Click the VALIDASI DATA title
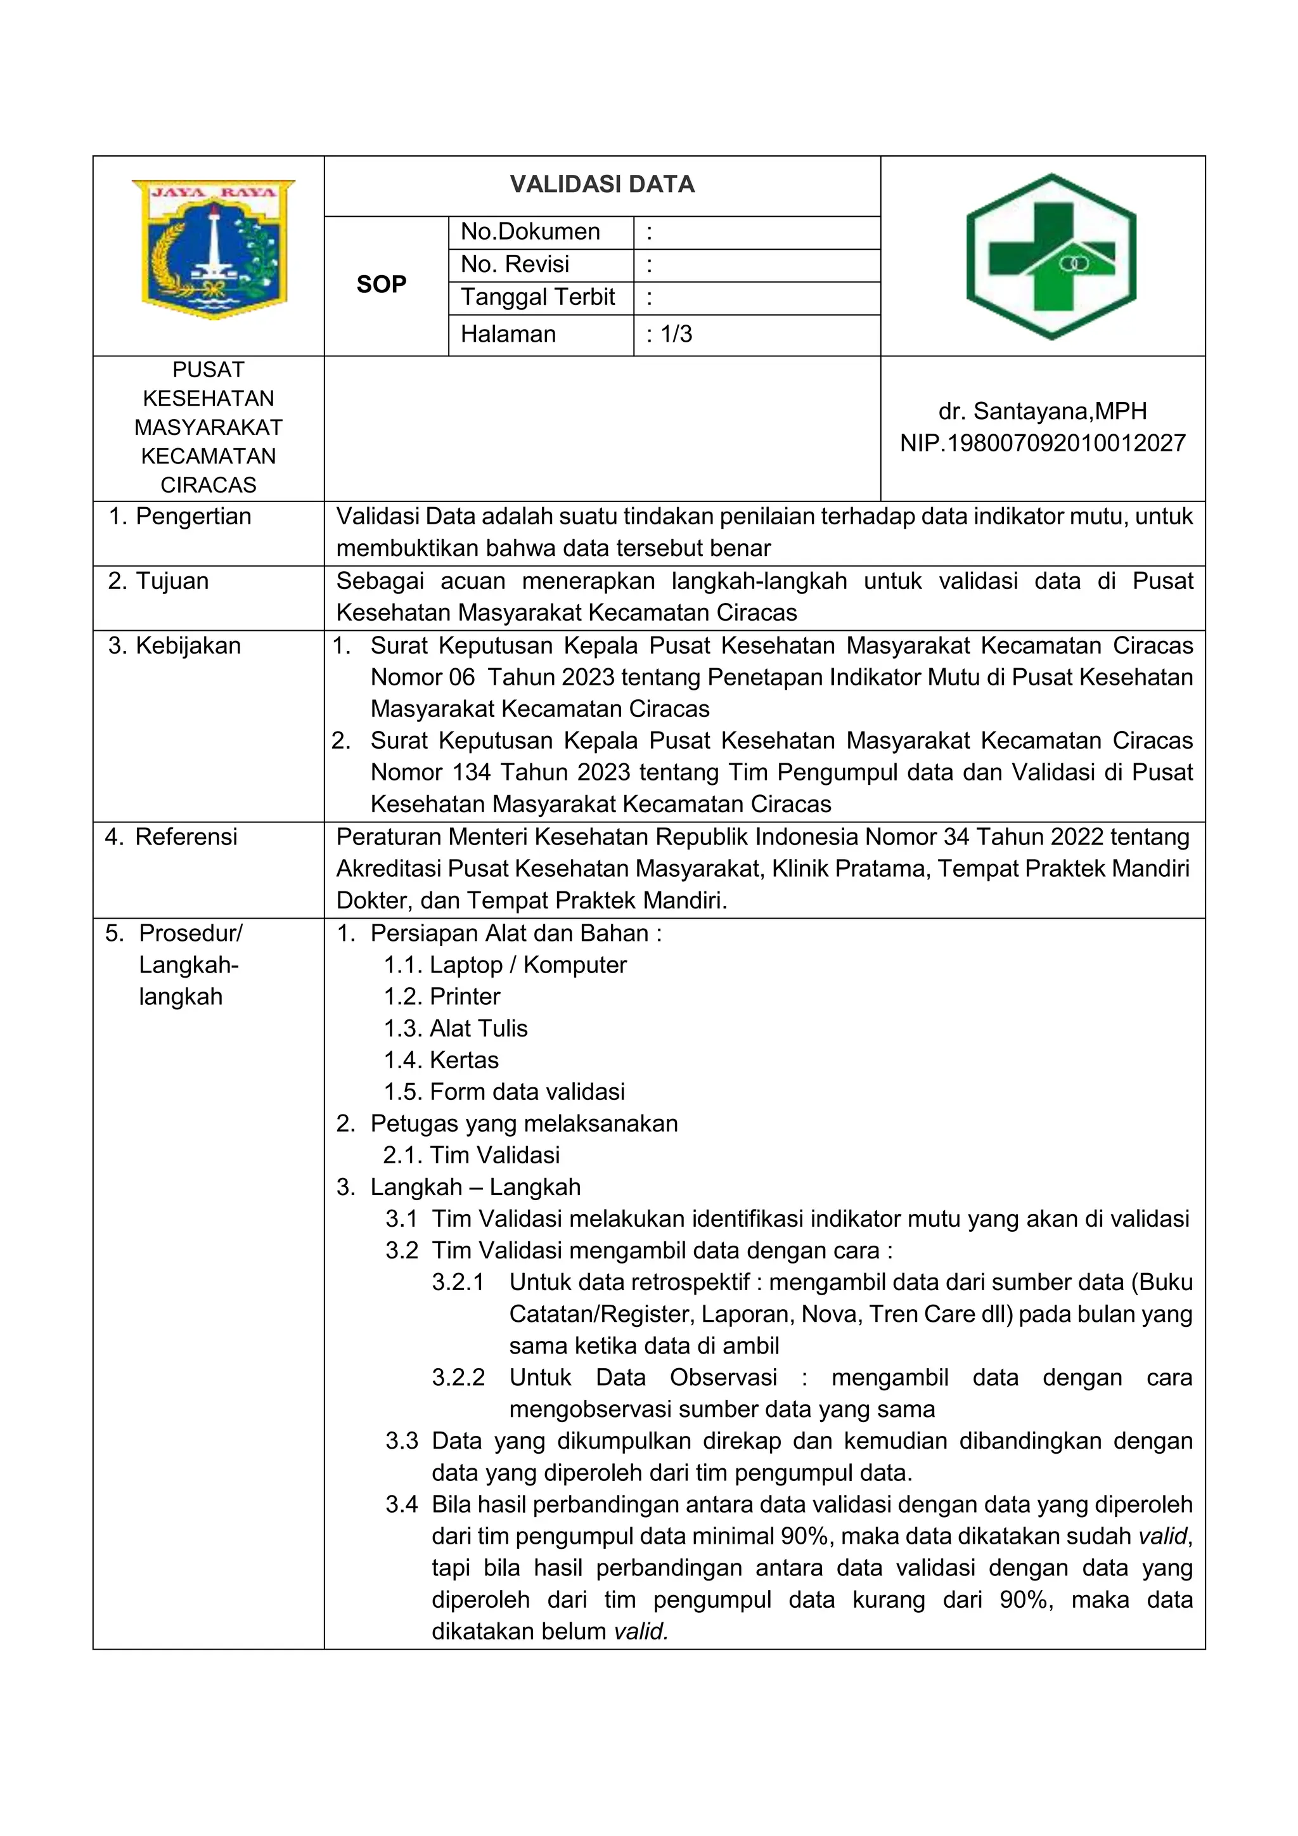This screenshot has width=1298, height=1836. coord(602,184)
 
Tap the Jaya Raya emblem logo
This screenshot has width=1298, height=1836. coord(214,249)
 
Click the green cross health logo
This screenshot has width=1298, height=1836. coord(1050,257)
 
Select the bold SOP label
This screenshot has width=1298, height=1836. coord(382,284)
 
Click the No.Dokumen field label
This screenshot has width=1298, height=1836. coord(530,232)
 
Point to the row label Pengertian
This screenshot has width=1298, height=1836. coord(193,517)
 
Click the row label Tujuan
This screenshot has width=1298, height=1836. coord(171,581)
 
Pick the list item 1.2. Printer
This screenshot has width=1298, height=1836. coord(442,997)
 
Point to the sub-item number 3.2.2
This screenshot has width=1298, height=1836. coord(458,1377)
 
